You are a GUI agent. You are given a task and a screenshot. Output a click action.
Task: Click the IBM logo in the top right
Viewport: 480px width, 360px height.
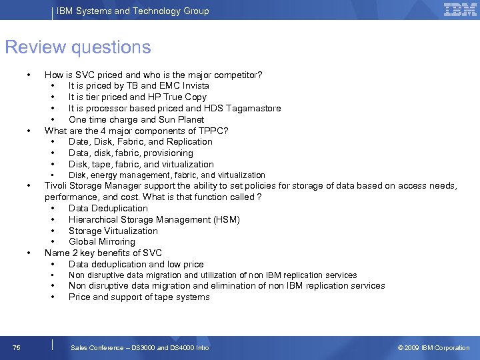[460, 10]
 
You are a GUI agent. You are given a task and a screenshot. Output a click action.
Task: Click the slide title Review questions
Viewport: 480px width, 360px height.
[78, 47]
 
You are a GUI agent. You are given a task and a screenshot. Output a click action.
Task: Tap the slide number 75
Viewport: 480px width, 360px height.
[16, 347]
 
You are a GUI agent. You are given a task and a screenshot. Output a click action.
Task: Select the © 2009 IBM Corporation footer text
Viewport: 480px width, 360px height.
[433, 347]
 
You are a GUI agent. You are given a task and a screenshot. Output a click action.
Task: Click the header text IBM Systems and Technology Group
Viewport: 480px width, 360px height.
[133, 11]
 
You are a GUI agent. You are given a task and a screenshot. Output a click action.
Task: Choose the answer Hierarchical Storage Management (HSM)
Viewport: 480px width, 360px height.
[154, 220]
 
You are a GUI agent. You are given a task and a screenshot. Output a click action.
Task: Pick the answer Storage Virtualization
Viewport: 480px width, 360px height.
[113, 231]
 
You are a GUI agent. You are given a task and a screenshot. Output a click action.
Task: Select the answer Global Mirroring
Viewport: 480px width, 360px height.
[102, 242]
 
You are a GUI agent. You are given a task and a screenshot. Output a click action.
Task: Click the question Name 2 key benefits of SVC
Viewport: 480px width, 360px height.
[103, 253]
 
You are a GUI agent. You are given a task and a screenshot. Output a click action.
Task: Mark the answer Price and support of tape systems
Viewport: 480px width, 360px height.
[139, 297]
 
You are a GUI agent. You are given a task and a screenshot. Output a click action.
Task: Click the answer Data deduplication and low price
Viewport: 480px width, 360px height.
[136, 265]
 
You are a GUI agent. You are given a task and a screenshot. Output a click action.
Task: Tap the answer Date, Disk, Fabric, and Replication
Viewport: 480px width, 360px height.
[141, 142]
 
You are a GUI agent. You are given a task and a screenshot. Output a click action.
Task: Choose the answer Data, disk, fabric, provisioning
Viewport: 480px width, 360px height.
[131, 153]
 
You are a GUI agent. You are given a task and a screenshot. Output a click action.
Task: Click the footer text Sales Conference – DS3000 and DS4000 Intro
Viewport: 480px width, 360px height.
[140, 347]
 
